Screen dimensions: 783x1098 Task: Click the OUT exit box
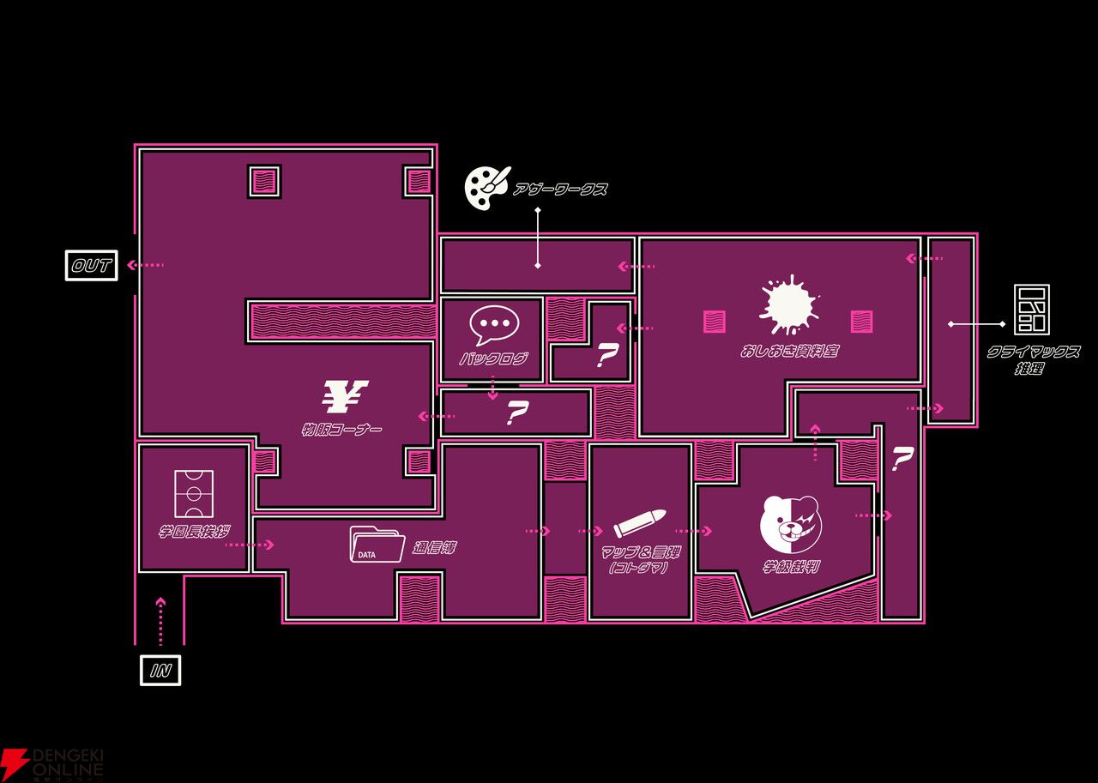[x=92, y=265]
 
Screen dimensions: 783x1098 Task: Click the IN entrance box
[x=160, y=670]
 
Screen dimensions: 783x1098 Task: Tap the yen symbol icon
[x=345, y=396]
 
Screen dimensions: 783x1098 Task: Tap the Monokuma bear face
[x=790, y=524]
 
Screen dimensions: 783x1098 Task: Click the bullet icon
[x=640, y=523]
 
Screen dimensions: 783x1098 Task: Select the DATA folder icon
[x=377, y=545]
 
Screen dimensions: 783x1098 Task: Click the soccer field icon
[x=194, y=493]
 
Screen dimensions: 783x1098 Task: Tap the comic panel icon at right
[x=1031, y=310]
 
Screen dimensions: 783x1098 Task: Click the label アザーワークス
[x=560, y=190]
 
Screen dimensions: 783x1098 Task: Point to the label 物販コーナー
[x=341, y=429]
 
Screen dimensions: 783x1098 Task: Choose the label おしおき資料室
[x=789, y=351]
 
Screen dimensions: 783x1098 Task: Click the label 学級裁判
[x=791, y=567]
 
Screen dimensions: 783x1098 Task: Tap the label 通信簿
[x=434, y=548]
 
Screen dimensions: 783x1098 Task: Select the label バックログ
[x=493, y=358]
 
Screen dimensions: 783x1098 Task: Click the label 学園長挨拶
[x=194, y=532]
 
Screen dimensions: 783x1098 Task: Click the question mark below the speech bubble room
[x=516, y=414]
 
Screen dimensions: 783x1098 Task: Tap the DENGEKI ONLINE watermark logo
[x=53, y=762]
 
